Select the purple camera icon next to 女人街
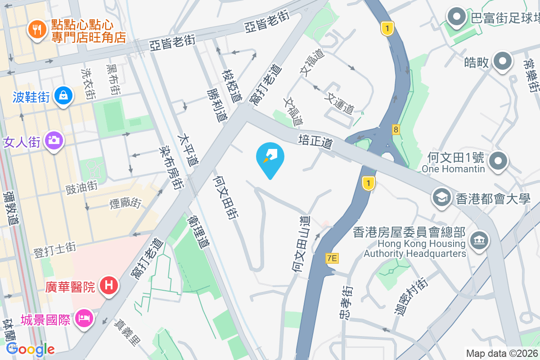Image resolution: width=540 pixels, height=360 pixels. [x=54, y=140]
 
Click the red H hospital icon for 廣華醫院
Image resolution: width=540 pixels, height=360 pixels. [x=108, y=285]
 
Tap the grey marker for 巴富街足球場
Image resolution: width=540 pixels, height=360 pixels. [x=457, y=18]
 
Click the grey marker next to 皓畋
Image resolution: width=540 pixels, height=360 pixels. [x=503, y=61]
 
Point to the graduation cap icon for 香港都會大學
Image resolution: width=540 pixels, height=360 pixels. [x=441, y=197]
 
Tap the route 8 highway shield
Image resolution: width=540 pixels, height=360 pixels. [x=396, y=130]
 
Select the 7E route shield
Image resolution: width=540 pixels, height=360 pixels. [x=332, y=258]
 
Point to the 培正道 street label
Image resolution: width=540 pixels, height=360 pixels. [x=315, y=141]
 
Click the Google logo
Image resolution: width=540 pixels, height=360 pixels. [x=30, y=349]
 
